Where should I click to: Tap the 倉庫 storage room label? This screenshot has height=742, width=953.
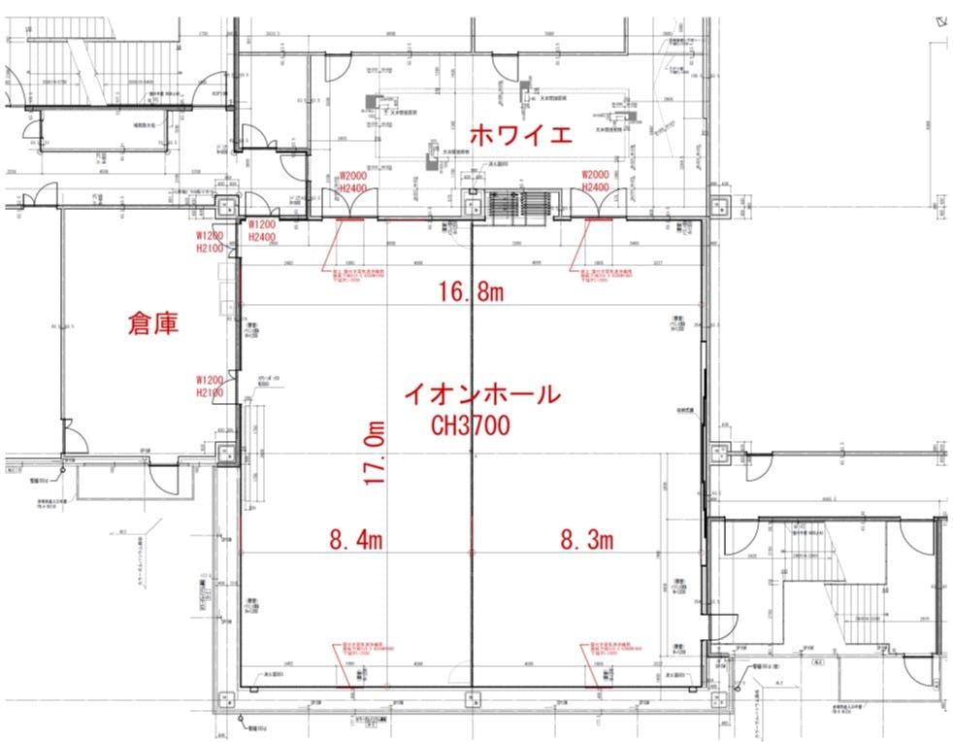(x=153, y=323)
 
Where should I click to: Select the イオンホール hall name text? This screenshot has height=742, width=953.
(x=481, y=394)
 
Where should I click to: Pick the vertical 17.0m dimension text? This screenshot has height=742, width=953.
(x=377, y=455)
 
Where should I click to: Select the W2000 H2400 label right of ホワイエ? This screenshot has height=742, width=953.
(x=595, y=181)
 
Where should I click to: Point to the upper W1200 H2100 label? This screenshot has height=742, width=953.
(x=211, y=242)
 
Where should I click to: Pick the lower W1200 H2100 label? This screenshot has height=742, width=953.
(x=211, y=386)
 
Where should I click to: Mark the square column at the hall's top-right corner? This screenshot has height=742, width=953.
(x=717, y=207)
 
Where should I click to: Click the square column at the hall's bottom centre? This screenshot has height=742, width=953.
(x=472, y=696)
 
